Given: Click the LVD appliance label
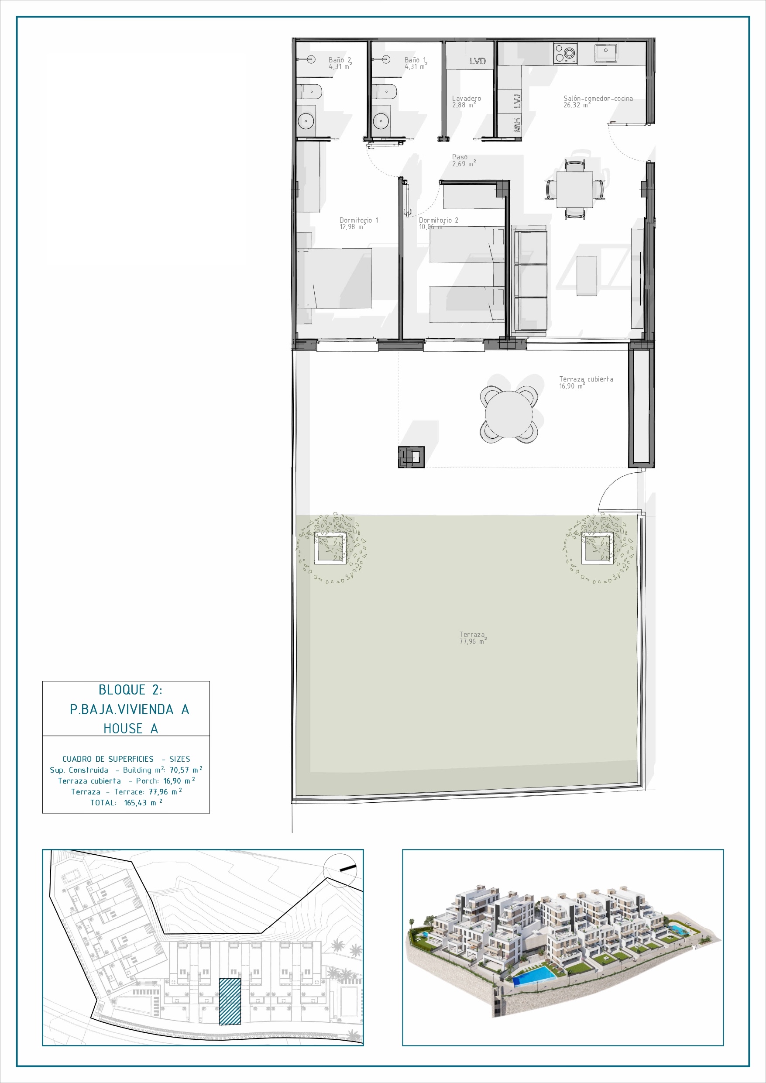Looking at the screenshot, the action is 477,61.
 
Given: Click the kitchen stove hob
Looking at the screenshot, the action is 565,53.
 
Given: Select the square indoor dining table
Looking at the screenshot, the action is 574,189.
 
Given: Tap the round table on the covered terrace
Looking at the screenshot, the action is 509,414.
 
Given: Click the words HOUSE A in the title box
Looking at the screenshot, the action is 131,728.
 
